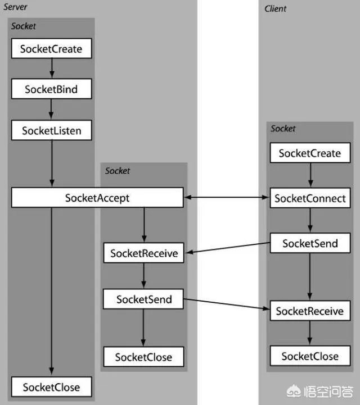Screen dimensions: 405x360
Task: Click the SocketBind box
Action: pos(51,90)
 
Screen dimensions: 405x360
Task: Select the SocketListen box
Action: pos(51,131)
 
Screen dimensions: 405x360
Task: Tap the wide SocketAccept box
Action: pos(97,198)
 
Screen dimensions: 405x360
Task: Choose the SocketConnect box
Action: pos(309,198)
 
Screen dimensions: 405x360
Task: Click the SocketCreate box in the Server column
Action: pos(51,49)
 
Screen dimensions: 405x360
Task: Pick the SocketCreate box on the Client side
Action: pos(309,153)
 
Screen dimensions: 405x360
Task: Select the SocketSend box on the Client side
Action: pos(309,243)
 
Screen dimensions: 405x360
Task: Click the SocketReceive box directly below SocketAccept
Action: pos(144,253)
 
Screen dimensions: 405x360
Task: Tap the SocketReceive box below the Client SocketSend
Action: pos(309,311)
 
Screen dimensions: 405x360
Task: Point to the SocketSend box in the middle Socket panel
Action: pos(144,299)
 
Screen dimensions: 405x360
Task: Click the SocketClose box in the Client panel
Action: pos(309,356)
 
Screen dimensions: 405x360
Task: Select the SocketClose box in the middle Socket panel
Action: pos(144,357)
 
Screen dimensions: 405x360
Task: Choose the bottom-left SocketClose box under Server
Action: pos(51,387)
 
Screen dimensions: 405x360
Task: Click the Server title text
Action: pos(15,7)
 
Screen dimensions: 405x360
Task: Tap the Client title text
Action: pos(275,8)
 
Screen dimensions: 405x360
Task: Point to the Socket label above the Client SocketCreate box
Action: pos(283,129)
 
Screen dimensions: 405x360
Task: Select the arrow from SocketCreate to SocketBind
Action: pos(51,69)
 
